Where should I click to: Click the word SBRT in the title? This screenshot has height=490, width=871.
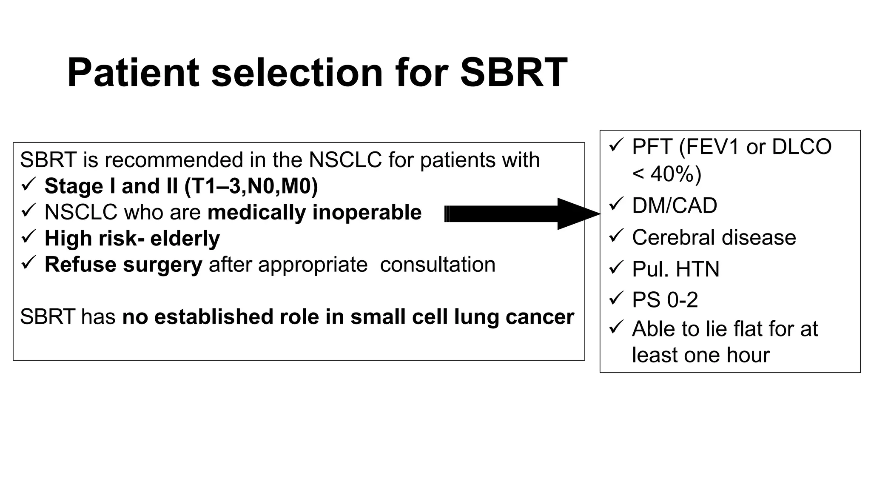click(x=513, y=72)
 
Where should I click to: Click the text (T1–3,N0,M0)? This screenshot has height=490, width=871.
click(x=251, y=186)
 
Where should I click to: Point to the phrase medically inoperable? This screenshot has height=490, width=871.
click(x=314, y=212)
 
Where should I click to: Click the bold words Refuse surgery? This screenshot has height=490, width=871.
click(x=123, y=265)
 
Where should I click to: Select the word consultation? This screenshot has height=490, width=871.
click(x=438, y=265)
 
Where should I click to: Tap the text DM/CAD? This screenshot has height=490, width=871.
click(x=675, y=206)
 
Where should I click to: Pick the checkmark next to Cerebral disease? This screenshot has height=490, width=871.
click(x=616, y=236)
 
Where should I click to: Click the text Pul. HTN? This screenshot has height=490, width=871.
click(x=675, y=269)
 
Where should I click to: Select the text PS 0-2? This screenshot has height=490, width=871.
click(x=665, y=300)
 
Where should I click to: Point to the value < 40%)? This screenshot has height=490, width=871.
click(x=666, y=174)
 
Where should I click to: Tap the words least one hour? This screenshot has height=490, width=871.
click(x=700, y=355)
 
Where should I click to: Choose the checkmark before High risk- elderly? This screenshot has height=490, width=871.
click(x=28, y=237)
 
